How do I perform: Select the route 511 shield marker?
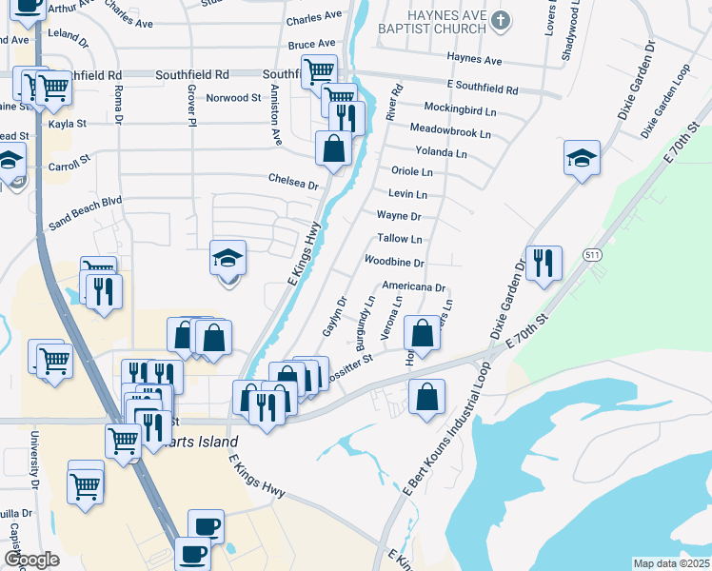pyautogui.click(x=593, y=255)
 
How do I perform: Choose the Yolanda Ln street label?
pyautogui.click(x=441, y=152)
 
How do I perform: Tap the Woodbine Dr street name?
pyautogui.click(x=394, y=262)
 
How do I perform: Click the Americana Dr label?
pyautogui.click(x=414, y=286)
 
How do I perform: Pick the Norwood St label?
pyautogui.click(x=233, y=98)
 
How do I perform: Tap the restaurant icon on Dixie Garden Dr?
pyautogui.click(x=544, y=262)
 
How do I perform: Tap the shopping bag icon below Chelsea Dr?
pyautogui.click(x=333, y=148)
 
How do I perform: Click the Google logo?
pyautogui.click(x=31, y=560)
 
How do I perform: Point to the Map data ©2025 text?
pyautogui.click(x=671, y=563)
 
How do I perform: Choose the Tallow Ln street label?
pyautogui.click(x=400, y=239)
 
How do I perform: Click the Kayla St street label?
pyautogui.click(x=68, y=124)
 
